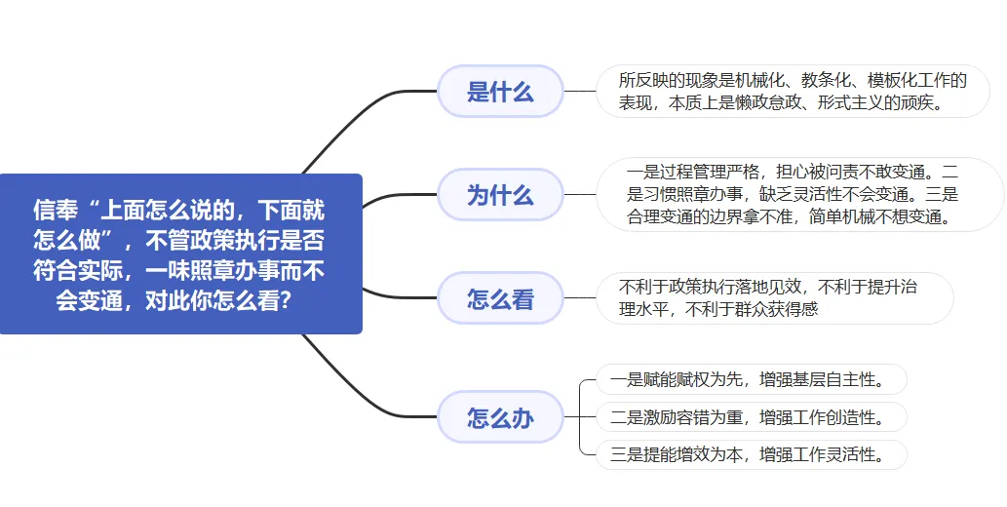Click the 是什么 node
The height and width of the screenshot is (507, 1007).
tap(500, 92)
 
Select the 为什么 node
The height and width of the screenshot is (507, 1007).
tap(500, 194)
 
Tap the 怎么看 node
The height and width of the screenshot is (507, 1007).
tap(500, 298)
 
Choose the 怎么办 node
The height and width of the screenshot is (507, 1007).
tap(500, 417)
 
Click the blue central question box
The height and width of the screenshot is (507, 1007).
tap(180, 253)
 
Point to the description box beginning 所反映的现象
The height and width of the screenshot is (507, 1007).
tap(792, 92)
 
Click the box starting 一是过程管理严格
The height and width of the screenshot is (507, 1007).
tap(799, 194)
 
